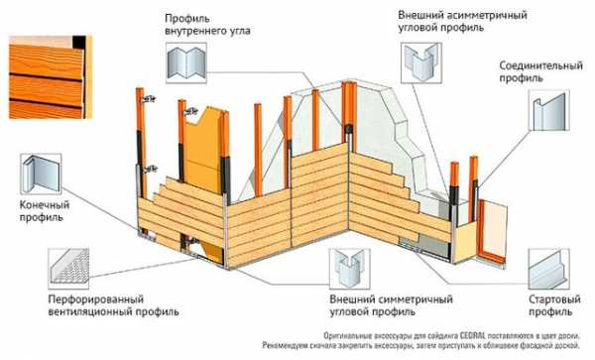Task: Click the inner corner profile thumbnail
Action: click(x=186, y=62)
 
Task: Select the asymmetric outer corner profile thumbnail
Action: click(x=421, y=62)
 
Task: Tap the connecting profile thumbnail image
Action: click(x=549, y=110)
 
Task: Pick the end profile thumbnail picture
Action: click(x=41, y=175)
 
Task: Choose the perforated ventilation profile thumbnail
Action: click(x=68, y=268)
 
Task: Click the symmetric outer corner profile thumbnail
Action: click(x=349, y=269)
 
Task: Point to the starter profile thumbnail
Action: click(x=549, y=269)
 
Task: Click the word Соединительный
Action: click(x=540, y=65)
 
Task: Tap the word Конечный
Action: click(x=45, y=205)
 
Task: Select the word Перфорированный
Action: click(x=96, y=299)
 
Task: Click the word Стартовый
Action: click(x=554, y=299)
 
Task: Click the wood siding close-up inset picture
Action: click(x=51, y=77)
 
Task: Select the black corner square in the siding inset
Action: click(x=79, y=42)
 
